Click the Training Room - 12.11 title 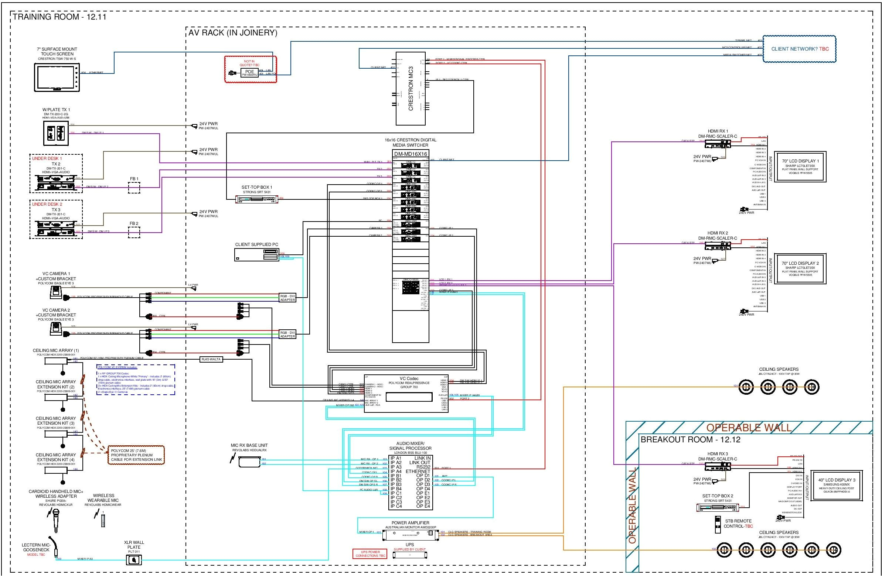coord(59,17)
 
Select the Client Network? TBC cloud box coord(799,49)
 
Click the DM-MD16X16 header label coord(410,154)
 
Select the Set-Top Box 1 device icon coord(257,199)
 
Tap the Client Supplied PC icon coord(256,255)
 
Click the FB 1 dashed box coord(134,188)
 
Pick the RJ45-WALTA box coord(211,359)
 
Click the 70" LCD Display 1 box coord(800,166)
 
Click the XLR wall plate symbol coord(134,560)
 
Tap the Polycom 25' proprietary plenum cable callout coord(136,455)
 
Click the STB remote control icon coord(718,525)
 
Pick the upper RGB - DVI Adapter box coord(287,298)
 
